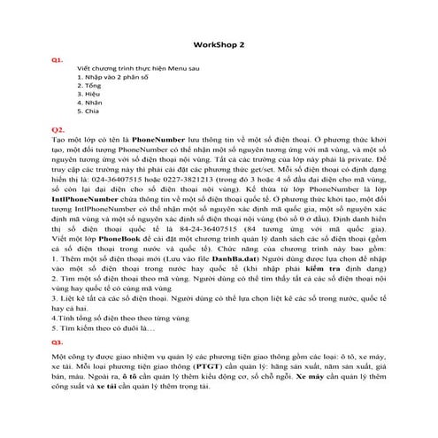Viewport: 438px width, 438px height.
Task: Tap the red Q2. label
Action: [x=58, y=129]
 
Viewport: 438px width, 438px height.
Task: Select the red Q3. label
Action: [x=57, y=342]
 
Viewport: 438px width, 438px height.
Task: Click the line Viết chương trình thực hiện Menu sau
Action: [x=136, y=67]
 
